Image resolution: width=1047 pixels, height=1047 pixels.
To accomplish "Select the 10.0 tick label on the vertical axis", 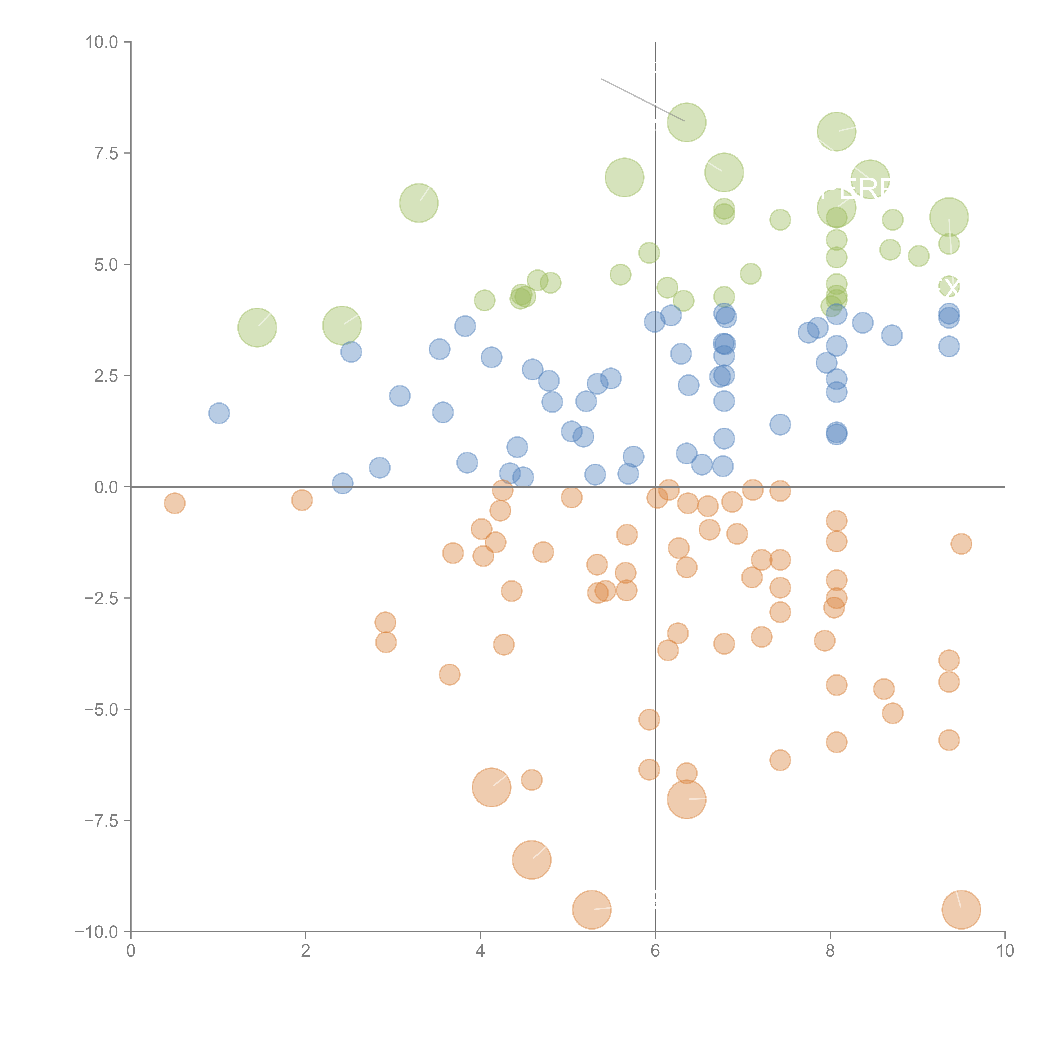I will tap(102, 42).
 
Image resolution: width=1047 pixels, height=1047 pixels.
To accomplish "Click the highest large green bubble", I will tap(687, 122).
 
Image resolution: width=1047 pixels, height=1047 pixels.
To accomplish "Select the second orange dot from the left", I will tap(302, 500).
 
